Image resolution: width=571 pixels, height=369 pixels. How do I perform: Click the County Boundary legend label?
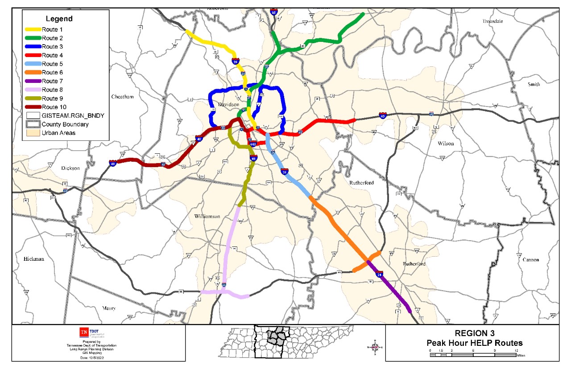click(65, 124)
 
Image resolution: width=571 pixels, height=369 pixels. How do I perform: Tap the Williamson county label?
click(207, 216)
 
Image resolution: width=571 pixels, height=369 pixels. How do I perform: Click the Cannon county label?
click(530, 259)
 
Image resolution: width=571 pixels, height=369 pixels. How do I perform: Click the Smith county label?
click(534, 84)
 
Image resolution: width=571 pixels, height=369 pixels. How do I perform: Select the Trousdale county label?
click(492, 21)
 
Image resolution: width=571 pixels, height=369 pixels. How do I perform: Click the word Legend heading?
click(59, 19)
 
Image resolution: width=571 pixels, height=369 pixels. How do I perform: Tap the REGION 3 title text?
click(474, 333)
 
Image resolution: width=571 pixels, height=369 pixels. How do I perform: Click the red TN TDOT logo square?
click(83, 332)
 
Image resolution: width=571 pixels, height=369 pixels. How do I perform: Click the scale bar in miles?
click(473, 355)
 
